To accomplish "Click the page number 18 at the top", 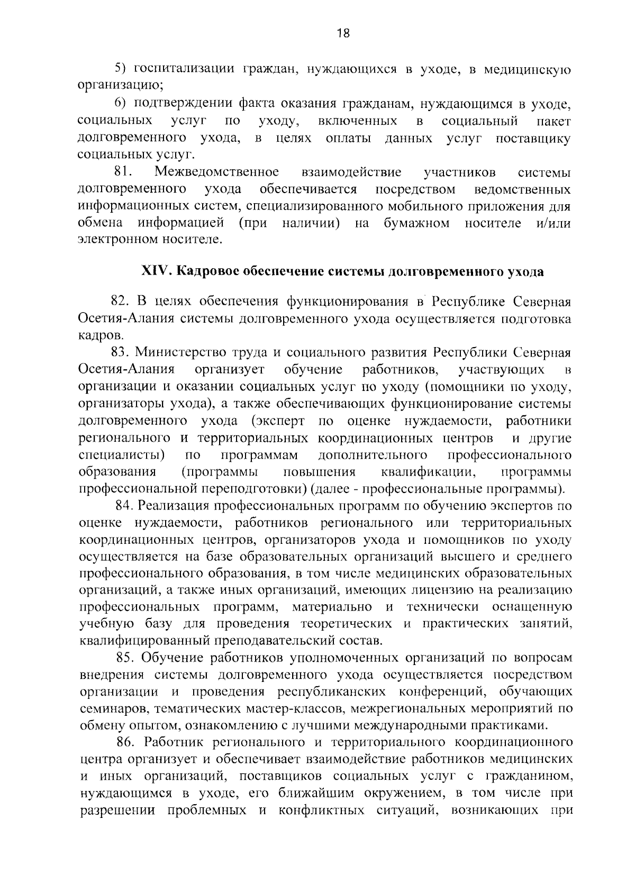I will click(x=343, y=33).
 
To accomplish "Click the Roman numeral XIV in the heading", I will click(x=154, y=272).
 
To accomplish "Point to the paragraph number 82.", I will click(x=121, y=302).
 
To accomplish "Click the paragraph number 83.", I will click(x=121, y=352).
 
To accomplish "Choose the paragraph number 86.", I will click(x=127, y=742).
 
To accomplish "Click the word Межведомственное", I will click(x=217, y=172).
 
